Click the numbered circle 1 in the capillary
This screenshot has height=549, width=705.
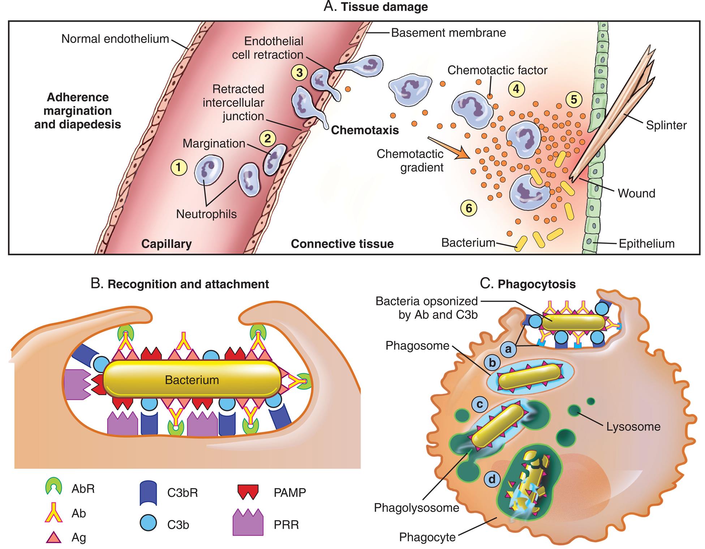(x=179, y=167)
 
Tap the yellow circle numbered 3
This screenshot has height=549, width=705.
(x=300, y=73)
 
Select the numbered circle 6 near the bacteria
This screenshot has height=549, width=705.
(x=469, y=208)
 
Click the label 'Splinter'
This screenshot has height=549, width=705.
(x=666, y=125)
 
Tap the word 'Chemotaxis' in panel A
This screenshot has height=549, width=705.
(x=365, y=130)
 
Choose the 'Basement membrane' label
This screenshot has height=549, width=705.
(x=448, y=33)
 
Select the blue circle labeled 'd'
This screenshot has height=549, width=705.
(x=492, y=479)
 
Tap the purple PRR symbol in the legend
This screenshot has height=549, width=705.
(x=248, y=523)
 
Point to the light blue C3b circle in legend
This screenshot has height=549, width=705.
(x=149, y=523)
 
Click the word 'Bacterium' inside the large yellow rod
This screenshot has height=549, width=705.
(x=192, y=380)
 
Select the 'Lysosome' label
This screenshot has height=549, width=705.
(x=633, y=427)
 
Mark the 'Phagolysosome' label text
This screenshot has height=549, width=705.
(x=416, y=508)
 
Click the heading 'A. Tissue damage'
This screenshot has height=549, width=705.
(x=375, y=7)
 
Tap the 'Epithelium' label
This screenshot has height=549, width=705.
(x=646, y=243)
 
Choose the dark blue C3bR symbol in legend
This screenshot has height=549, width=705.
(x=149, y=493)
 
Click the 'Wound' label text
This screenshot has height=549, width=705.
(x=636, y=193)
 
